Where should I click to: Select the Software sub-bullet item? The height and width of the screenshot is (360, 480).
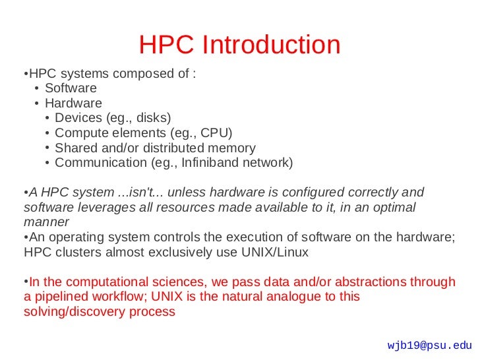[71, 88]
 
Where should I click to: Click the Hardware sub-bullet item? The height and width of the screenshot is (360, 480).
[73, 103]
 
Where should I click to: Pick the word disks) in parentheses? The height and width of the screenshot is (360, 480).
[154, 118]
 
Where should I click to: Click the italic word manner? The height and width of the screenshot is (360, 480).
[46, 222]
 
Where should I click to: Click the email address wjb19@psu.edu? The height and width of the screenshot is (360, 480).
[430, 345]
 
